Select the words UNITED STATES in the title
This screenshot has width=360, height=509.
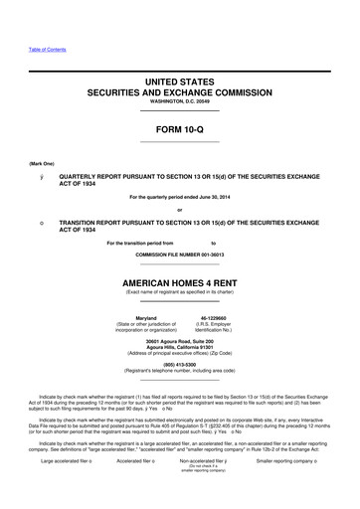pyautogui.click(x=180, y=78)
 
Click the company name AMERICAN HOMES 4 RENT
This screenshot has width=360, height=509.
pyautogui.click(x=180, y=281)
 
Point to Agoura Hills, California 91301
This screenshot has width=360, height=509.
pyautogui.click(x=180, y=350)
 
